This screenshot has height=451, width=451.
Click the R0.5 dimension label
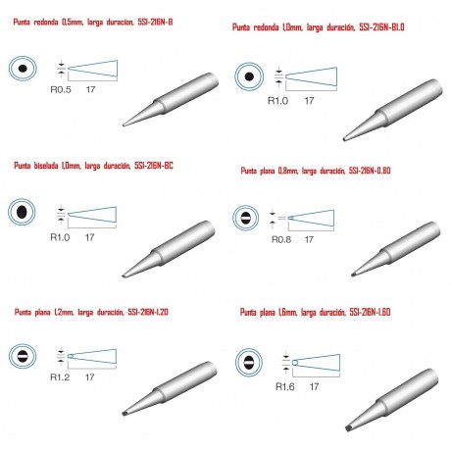pos(61,89)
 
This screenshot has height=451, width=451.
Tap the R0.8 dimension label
pos(281,239)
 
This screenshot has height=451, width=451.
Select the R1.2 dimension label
pos(60,377)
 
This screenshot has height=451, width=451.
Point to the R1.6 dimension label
pos(285,386)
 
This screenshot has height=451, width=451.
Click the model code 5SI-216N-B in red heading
pos(155,22)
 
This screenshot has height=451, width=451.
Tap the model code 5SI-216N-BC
pos(154,166)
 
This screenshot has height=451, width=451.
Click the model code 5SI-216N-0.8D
pos(370,171)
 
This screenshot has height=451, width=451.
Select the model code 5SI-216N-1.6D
pos(370,312)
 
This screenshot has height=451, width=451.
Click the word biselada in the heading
pos(46,166)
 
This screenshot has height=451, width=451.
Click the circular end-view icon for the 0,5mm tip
pos(23,69)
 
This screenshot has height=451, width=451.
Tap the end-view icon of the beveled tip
pos(22,212)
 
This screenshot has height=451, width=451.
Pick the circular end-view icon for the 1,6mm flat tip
pos(249,363)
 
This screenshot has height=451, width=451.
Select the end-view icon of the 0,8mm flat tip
pos(246,218)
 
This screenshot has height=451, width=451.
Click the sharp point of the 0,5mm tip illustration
pos(124,125)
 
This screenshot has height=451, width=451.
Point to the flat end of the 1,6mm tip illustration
pos(348,427)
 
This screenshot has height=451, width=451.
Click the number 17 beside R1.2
pos(89,377)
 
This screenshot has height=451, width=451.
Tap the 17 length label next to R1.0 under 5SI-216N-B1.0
pos(309,101)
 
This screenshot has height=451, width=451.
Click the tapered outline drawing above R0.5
pos(92,69)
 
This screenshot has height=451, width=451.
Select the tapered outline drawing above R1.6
pos(316,363)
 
